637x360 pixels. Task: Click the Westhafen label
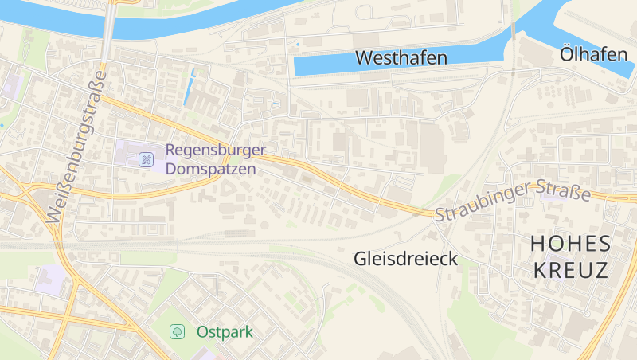(401, 57)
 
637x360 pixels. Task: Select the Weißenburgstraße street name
(76, 148)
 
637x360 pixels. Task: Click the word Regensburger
(216, 150)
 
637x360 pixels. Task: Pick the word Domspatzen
(210, 169)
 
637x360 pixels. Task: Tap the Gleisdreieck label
(405, 259)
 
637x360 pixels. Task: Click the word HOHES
(570, 243)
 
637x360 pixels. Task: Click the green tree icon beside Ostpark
(178, 331)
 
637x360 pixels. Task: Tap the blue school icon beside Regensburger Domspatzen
(146, 159)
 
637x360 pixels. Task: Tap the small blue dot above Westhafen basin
(298, 44)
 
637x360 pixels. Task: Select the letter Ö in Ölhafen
(567, 54)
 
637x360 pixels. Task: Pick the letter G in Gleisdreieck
(360, 259)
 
